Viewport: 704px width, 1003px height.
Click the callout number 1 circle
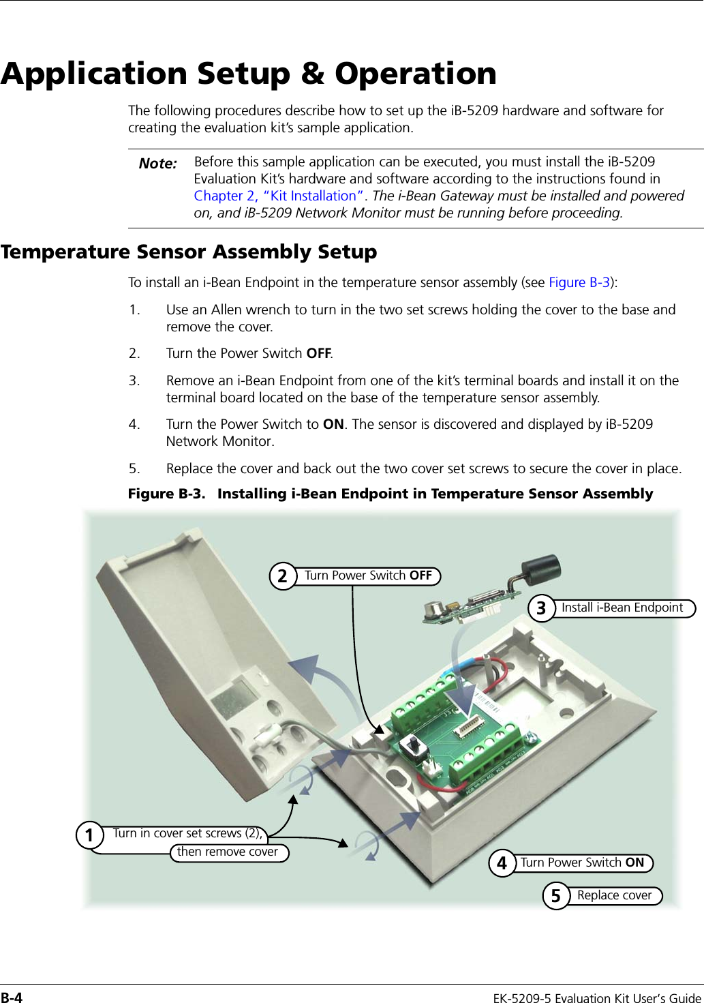point(89,835)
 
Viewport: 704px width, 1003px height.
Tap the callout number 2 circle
point(283,576)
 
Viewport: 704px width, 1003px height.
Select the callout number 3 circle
point(541,608)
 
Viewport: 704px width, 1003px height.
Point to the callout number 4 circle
point(502,863)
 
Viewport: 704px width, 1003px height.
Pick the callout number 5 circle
point(556,896)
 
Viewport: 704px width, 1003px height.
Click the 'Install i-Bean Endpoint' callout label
point(622,608)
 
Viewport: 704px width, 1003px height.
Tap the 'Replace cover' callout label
point(614,895)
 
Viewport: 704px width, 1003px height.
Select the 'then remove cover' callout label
point(228,852)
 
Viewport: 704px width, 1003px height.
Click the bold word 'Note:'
point(158,164)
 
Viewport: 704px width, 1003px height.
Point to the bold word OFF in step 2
point(318,354)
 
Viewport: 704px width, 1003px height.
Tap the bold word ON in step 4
point(333,425)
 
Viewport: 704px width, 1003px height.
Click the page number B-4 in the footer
point(12,998)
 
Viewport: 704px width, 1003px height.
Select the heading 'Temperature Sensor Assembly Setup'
point(189,252)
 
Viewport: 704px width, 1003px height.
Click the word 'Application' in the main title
point(94,74)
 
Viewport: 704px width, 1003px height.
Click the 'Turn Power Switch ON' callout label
point(582,863)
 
